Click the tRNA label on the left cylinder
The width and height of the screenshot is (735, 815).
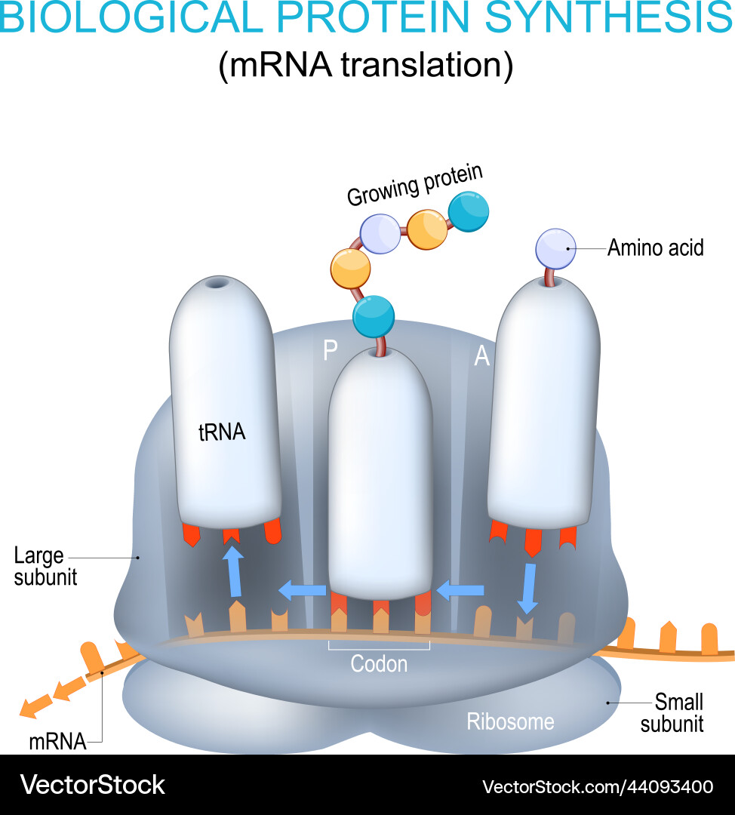pos(222,433)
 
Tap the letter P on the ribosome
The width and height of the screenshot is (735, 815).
pos(330,351)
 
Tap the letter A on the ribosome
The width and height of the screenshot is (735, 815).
pos(481,356)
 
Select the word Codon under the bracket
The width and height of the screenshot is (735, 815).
pos(379,664)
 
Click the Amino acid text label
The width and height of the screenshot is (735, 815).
pos(655,248)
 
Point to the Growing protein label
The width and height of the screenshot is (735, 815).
pos(414,185)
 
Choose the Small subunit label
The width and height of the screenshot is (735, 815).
pos(672,712)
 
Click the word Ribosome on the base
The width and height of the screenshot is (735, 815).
pos(510,721)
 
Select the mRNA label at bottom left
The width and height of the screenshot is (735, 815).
pos(57,742)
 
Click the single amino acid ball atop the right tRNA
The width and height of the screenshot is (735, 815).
pos(555,248)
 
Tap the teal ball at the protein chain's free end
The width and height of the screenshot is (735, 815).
pos(468,214)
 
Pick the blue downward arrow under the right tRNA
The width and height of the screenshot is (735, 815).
pos(529,588)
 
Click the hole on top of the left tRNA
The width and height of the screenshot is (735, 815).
pos(217,284)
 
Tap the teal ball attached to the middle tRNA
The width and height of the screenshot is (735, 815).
pos(373,316)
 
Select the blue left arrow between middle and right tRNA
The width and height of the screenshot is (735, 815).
pos(460,589)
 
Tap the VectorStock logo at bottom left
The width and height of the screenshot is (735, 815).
pos(92,785)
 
